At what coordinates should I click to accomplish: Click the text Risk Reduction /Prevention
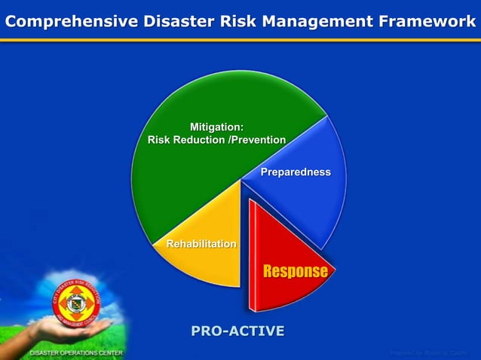[216, 140]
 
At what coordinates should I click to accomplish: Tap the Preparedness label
[296, 172]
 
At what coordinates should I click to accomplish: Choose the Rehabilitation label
[201, 244]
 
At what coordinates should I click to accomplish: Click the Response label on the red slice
[295, 271]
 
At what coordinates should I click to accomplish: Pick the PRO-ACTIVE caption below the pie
[237, 331]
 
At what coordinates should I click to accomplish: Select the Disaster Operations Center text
[76, 352]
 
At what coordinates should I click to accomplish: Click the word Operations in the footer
[79, 352]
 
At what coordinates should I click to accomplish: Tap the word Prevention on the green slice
[259, 140]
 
